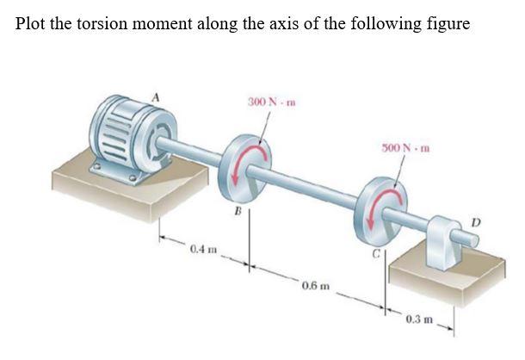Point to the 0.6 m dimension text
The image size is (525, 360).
pyautogui.click(x=314, y=284)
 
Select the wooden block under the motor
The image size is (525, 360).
pyautogui.click(x=129, y=185)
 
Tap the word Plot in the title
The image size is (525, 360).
pyautogui.click(x=31, y=23)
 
